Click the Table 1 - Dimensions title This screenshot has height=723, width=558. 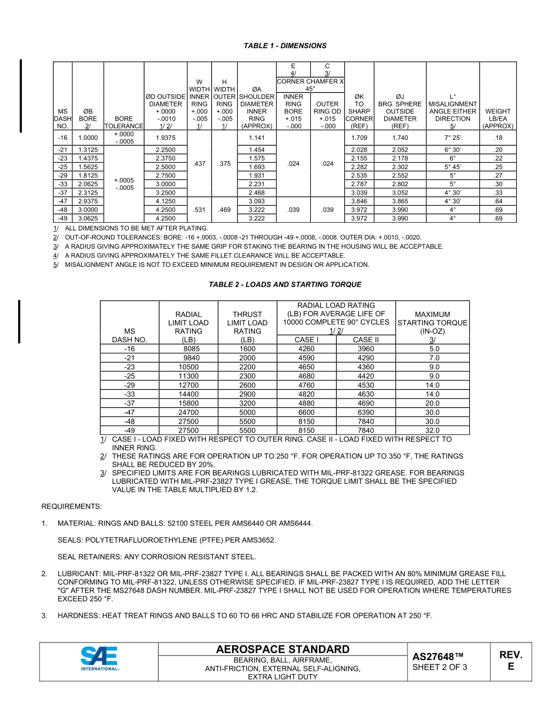point(285,45)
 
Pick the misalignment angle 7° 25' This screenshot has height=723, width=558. point(452,138)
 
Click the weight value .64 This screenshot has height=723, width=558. point(498,200)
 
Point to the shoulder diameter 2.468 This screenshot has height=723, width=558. point(256,192)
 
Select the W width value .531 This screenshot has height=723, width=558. point(199,209)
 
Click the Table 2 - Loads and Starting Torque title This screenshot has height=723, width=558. point(285,284)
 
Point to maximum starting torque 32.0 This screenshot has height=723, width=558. point(432,430)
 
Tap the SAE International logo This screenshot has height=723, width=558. point(99,659)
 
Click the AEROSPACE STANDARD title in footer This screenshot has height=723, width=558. point(283,650)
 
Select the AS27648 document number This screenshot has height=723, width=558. point(438,657)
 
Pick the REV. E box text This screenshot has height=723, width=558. point(510,661)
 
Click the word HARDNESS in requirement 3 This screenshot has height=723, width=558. point(78,615)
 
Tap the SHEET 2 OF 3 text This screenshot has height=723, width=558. point(440,667)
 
